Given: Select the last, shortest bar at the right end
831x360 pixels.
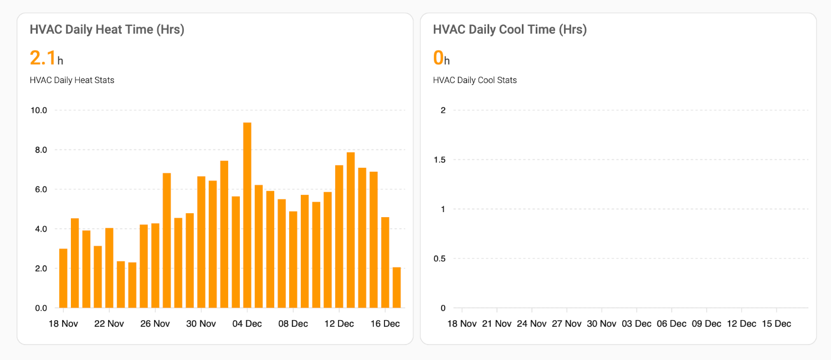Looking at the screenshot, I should (397, 287).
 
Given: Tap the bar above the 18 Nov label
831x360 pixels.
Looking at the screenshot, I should (63, 278).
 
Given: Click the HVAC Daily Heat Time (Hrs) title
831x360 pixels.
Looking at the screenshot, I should (107, 30).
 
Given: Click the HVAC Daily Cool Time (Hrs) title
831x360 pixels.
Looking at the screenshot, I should (510, 30).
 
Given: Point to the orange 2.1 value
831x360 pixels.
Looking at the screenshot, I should (43, 58).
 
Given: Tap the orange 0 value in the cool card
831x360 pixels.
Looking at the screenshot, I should (438, 58).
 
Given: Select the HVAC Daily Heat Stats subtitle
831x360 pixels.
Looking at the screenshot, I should (72, 80).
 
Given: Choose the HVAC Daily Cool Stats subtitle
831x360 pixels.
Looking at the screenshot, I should (475, 80).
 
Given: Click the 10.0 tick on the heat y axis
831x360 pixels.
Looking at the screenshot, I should (39, 110).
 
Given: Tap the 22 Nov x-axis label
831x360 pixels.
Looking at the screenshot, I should (109, 323).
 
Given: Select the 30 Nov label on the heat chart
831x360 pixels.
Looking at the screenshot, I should (201, 323).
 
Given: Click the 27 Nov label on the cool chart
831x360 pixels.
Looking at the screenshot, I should (567, 323).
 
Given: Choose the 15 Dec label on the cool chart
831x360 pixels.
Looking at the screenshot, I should (776, 323).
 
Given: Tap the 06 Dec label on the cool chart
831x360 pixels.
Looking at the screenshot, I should (671, 323).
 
